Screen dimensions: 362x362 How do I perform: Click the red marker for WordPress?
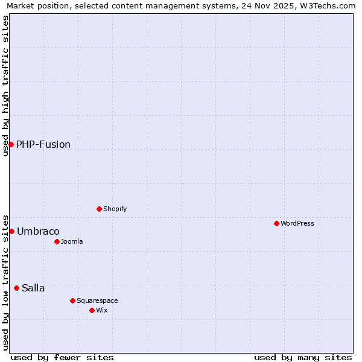[x=276, y=223]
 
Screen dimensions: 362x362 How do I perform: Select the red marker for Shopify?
[x=99, y=209]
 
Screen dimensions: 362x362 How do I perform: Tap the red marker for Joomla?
[x=57, y=241]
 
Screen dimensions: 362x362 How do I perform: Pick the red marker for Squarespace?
[x=72, y=300]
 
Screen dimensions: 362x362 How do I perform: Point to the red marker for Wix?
[x=92, y=310]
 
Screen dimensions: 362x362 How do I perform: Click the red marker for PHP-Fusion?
[x=11, y=144]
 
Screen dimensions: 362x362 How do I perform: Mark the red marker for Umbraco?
[x=11, y=231]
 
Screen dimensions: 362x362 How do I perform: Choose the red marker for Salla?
[x=16, y=288]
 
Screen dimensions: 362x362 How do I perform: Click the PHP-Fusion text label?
[x=43, y=144]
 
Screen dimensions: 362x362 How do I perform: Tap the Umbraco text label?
[x=38, y=231]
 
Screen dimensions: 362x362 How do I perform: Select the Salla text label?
[x=33, y=288]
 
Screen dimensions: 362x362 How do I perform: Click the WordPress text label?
[x=297, y=223]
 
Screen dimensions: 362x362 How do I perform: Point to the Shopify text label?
[x=115, y=209]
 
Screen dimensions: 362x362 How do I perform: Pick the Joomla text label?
[x=72, y=241]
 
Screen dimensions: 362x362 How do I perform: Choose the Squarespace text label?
[x=97, y=300]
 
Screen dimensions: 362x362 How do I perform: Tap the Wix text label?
[x=101, y=310]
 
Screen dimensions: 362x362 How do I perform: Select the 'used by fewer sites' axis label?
[x=62, y=357]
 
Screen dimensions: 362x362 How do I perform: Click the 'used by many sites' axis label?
[x=303, y=357]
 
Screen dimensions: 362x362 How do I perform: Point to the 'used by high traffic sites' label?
[x=6, y=86]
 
